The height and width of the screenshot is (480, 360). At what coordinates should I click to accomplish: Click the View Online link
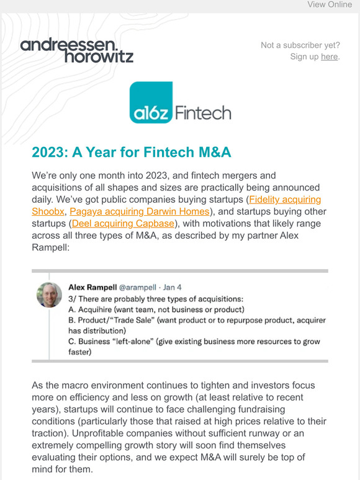tap(329, 5)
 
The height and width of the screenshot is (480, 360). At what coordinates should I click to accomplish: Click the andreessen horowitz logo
tap(77, 50)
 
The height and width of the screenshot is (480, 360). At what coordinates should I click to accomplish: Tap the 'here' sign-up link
tap(329, 56)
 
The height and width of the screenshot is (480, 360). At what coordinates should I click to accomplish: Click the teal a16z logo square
tap(151, 104)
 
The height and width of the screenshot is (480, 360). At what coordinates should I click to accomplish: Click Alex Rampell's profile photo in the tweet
tap(49, 295)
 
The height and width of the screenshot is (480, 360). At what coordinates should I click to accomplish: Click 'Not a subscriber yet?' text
tap(300, 45)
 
